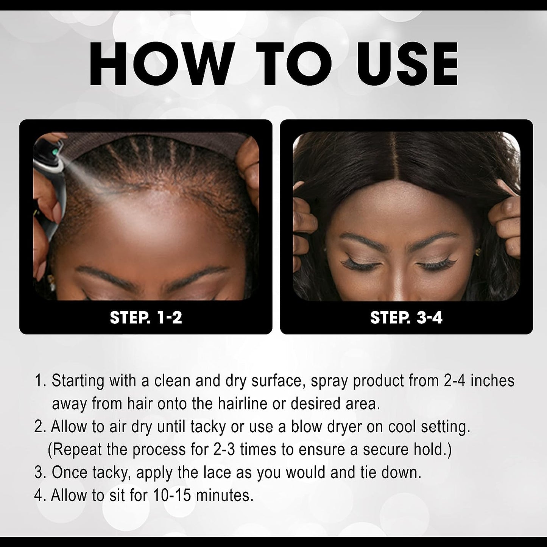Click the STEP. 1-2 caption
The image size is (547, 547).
tap(146, 317)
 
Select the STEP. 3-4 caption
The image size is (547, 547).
tap(406, 317)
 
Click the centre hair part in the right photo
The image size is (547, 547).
tap(405, 167)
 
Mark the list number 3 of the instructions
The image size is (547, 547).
tap(38, 473)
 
